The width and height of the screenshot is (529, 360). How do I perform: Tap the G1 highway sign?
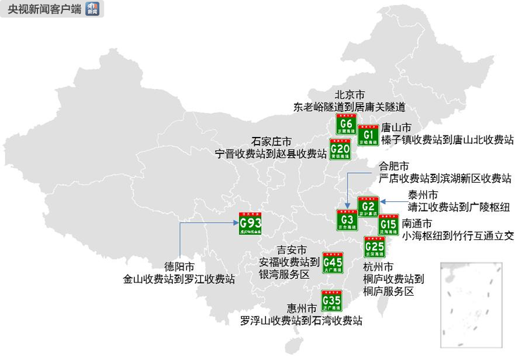tap(367, 135)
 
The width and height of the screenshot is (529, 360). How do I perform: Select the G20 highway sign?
tap(339, 149)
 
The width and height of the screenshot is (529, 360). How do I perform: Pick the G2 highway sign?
tap(368, 206)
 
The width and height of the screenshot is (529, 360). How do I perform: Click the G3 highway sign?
tap(346, 220)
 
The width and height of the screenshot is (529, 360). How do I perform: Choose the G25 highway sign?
tap(375, 247)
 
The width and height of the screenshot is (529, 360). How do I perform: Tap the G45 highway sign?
tap(332, 263)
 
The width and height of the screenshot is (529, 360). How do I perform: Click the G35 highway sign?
tap(332, 301)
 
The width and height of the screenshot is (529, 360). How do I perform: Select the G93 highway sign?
tap(250, 224)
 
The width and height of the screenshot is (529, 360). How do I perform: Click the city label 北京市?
tap(349, 95)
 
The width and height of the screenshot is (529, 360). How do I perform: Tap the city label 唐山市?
tap(396, 128)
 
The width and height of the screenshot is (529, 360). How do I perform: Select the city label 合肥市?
tap(394, 167)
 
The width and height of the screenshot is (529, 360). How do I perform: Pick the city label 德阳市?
tap(179, 267)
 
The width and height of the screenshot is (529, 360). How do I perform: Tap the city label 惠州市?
tap(301, 308)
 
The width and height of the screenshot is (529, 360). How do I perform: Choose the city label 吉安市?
tap(292, 251)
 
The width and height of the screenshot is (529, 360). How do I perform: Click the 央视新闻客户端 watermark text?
tap(42, 8)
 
